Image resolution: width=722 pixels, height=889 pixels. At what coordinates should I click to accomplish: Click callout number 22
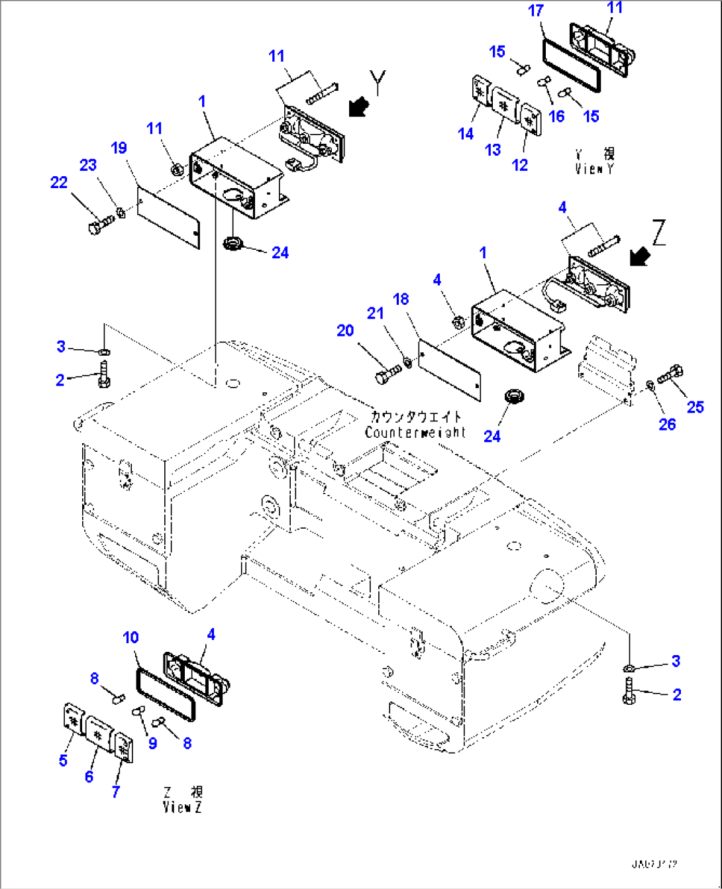[x=59, y=182]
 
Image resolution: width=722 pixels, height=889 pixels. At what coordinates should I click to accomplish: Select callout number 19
[x=119, y=148]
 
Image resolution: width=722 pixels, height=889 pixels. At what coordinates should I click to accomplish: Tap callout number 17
[x=536, y=11]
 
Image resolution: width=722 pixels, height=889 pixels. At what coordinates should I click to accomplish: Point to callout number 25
[x=695, y=407]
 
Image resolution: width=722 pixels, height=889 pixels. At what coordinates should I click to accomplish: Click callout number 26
[x=666, y=424]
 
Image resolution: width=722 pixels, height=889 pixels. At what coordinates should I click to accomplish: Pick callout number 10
[x=130, y=637]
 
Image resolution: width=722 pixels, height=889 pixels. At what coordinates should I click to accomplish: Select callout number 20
[x=345, y=330]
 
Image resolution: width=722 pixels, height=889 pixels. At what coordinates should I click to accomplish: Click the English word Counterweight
[x=415, y=433]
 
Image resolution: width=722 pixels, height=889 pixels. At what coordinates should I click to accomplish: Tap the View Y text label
[x=594, y=168]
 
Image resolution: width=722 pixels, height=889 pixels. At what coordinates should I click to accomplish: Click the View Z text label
[x=182, y=807]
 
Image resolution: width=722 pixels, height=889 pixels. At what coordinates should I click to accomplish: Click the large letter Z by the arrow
[x=658, y=233]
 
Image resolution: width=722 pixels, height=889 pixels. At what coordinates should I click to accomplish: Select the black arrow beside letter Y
[x=358, y=106]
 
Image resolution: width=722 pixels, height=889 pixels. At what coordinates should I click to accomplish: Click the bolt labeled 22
[x=100, y=223]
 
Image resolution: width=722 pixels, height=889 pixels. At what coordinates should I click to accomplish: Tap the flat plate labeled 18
[x=450, y=370]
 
